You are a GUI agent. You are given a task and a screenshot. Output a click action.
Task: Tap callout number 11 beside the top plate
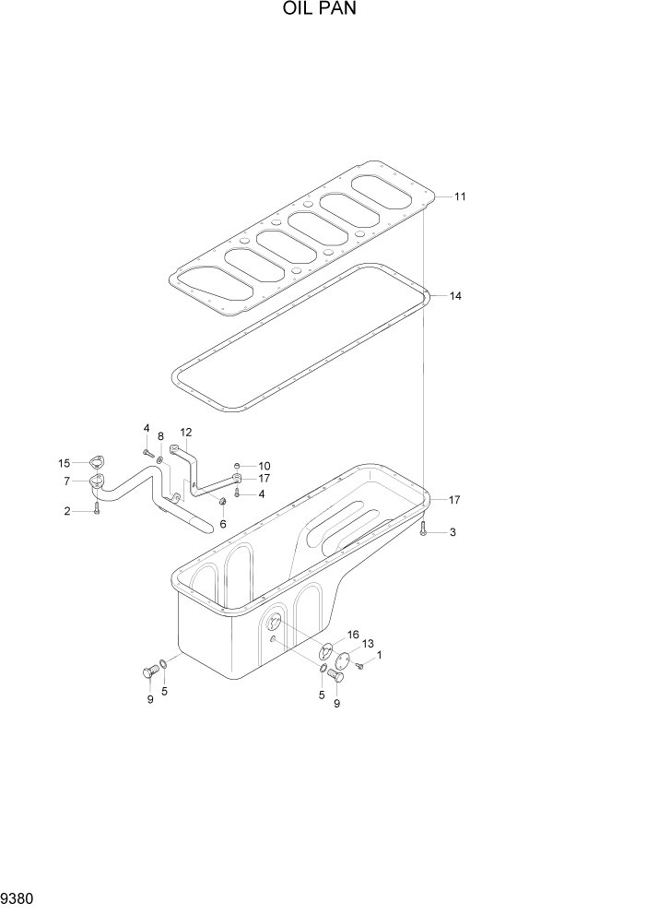pos(460,196)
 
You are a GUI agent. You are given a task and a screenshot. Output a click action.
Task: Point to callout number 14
pos(455,296)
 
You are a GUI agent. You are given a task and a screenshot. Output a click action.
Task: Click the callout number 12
pos(185,432)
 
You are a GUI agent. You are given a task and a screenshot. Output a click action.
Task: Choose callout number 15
pos(65,463)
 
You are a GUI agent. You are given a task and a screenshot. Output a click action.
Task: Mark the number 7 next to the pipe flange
pos(67,481)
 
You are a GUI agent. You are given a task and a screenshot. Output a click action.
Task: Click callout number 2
pos(67,512)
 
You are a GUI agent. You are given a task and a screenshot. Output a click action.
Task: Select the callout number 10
pos(264,466)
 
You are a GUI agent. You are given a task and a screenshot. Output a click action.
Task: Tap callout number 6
pos(222,524)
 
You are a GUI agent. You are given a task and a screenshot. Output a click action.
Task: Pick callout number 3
pos(452,533)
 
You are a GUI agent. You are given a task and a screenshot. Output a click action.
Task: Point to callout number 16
pos(352,635)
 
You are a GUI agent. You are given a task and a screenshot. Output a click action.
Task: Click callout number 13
pos(368,644)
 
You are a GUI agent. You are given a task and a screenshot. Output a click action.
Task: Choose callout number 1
pos(379,655)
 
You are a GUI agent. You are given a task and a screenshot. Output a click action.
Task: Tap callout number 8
pos(160,436)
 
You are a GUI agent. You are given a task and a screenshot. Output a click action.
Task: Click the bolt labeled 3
pos(423,529)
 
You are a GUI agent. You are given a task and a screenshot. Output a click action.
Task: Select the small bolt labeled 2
pos(96,508)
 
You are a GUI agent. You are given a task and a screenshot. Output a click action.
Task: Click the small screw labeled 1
pos(359,666)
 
